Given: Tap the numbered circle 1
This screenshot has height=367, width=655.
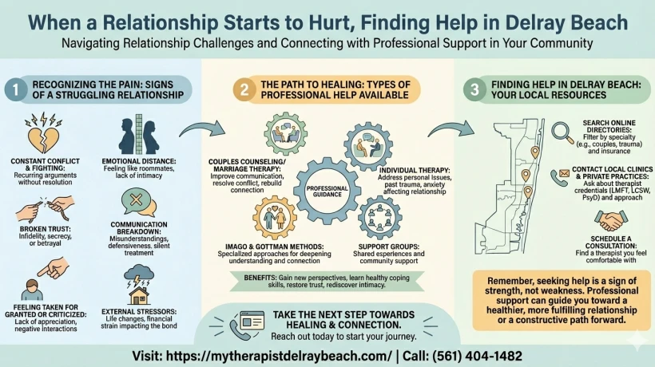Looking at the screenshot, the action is [x=16, y=89].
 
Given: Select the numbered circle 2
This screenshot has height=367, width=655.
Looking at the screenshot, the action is [x=244, y=89].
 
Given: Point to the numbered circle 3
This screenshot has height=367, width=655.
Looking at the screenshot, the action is [x=474, y=89].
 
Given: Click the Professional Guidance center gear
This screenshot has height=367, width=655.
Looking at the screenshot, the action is [x=327, y=191].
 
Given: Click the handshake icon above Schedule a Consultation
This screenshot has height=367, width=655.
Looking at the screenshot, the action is [x=611, y=221].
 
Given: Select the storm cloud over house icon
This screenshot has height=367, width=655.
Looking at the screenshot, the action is [x=139, y=286].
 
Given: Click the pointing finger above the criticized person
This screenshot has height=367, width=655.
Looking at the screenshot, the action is [x=53, y=268].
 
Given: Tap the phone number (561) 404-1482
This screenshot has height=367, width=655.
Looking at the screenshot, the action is [x=477, y=356].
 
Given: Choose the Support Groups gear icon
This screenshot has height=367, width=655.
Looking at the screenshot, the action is [x=379, y=218].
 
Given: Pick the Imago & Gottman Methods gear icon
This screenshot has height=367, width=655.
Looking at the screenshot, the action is [x=275, y=218].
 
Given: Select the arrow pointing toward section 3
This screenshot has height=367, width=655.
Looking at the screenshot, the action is [x=451, y=128].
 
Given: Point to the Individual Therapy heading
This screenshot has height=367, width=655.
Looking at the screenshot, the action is [x=415, y=170].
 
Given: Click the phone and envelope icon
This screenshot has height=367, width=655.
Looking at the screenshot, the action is [x=560, y=177].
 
